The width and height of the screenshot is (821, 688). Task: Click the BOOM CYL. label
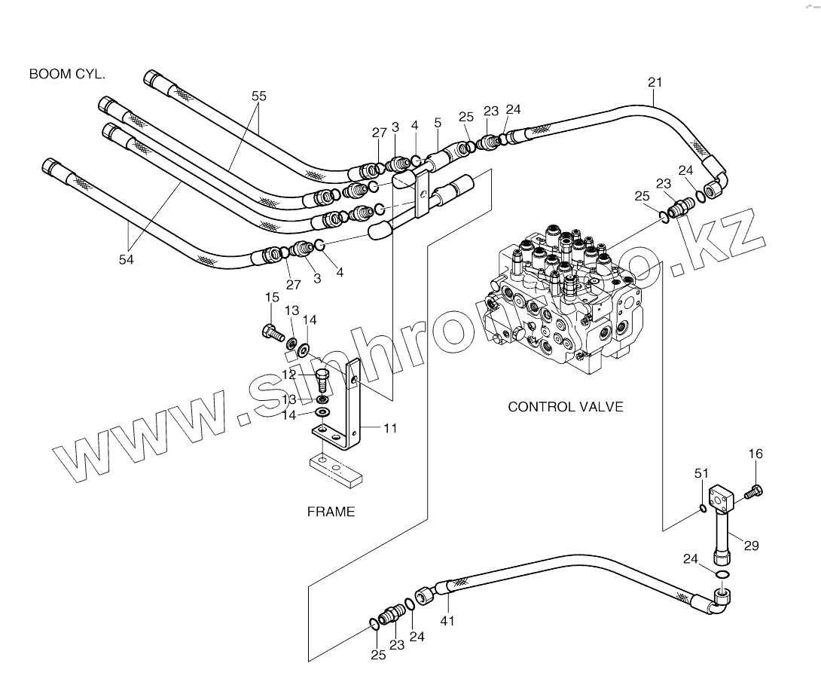(67, 74)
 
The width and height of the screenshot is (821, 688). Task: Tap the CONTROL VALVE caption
(565, 407)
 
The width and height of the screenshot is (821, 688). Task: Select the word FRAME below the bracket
(330, 512)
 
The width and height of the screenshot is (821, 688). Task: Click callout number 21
(654, 81)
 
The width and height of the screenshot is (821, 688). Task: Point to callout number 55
(258, 96)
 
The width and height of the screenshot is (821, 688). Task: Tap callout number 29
(751, 546)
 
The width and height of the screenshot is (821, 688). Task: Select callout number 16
(755, 454)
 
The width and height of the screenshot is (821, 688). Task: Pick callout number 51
(701, 473)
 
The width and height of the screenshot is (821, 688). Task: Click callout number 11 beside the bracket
(389, 429)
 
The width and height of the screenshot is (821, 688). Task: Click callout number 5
(438, 123)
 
